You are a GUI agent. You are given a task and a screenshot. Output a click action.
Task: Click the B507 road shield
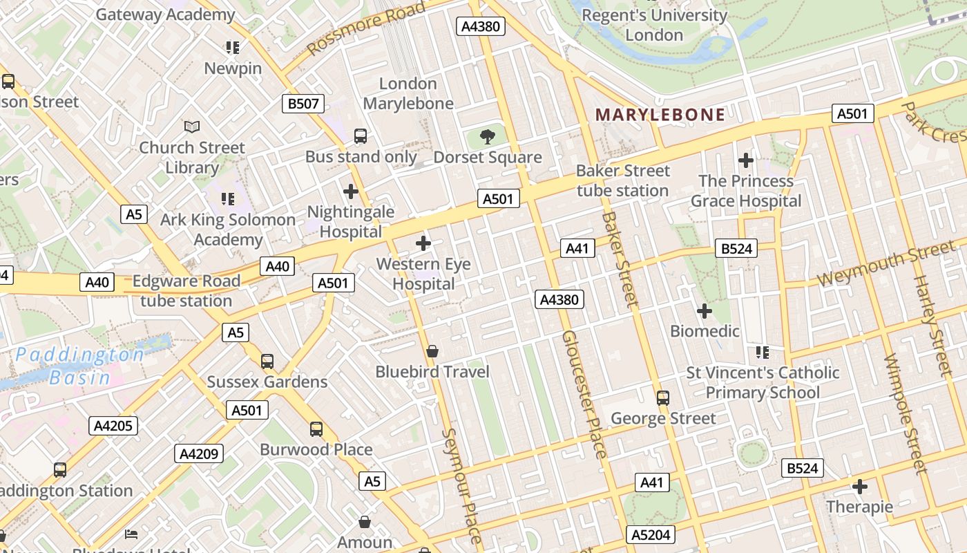tap(303, 104)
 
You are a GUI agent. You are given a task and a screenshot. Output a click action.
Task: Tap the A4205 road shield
tap(113, 426)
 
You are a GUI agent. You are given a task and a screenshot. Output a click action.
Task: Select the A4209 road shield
tap(199, 454)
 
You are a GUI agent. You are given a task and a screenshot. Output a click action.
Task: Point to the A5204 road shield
tap(651, 534)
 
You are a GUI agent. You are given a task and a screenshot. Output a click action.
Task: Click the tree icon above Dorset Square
tap(488, 136)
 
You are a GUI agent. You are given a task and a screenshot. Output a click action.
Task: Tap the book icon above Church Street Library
tap(192, 127)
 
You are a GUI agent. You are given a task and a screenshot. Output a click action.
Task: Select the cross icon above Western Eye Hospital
tap(423, 243)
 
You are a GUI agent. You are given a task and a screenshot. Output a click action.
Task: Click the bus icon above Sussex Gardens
tap(267, 361)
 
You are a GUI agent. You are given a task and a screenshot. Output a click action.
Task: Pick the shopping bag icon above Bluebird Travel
tap(432, 351)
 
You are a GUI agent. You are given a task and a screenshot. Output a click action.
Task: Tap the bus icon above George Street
tap(663, 397)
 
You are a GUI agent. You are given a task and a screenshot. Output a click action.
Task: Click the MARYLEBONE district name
tap(660, 115)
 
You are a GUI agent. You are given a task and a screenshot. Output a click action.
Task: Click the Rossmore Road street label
tap(366, 28)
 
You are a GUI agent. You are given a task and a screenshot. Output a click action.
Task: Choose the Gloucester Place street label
tap(584, 394)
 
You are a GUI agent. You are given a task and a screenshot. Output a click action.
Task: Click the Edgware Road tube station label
tap(186, 291)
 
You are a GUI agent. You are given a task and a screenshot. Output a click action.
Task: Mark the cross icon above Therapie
tap(860, 487)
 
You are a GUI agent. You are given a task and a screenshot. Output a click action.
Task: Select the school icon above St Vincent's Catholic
tap(763, 353)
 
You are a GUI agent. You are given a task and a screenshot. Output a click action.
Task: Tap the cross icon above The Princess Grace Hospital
tap(746, 160)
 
